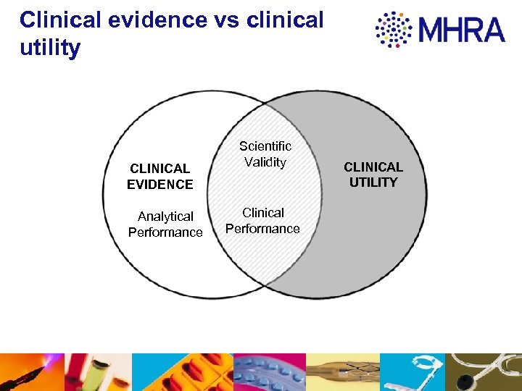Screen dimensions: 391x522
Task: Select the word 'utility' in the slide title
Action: [x=50, y=49]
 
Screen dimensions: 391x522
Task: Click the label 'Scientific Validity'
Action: [x=265, y=154]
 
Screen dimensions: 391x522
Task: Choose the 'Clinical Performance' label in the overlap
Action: [x=262, y=221]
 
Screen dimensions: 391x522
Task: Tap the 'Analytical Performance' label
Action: [x=165, y=224]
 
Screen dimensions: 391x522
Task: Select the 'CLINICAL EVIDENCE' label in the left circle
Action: [x=160, y=177]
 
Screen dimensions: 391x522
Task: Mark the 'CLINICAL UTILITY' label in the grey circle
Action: [x=373, y=175]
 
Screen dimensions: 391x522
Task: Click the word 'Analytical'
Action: [x=165, y=216]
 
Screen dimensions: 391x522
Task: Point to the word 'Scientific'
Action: [x=265, y=146]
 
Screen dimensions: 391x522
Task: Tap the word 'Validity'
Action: [x=265, y=162]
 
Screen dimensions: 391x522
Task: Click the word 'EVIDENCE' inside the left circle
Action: [x=160, y=185]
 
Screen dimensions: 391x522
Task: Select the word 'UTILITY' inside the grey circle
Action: [x=373, y=182]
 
